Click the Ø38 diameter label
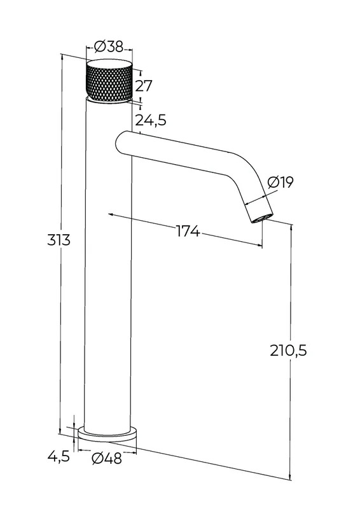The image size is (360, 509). (109, 47)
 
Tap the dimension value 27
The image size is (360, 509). (144, 86)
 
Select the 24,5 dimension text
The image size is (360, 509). (151, 120)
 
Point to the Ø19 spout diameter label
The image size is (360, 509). (280, 182)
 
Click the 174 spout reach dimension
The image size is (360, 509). (188, 231)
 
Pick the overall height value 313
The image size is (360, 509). (59, 241)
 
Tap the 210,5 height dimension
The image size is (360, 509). (288, 351)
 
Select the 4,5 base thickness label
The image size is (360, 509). (59, 456)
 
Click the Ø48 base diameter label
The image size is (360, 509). (106, 458)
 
